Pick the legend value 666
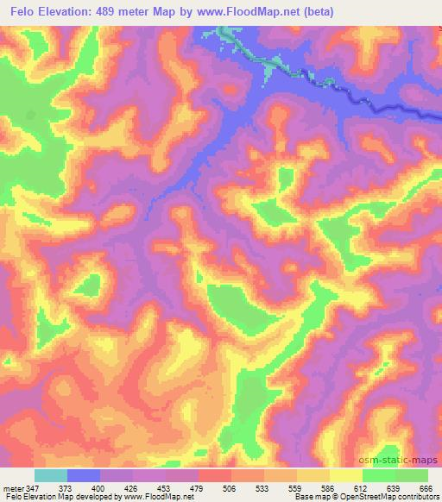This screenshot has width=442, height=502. click(426, 487)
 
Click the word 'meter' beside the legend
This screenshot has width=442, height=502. click(12, 487)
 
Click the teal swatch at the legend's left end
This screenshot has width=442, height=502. click(51, 475)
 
